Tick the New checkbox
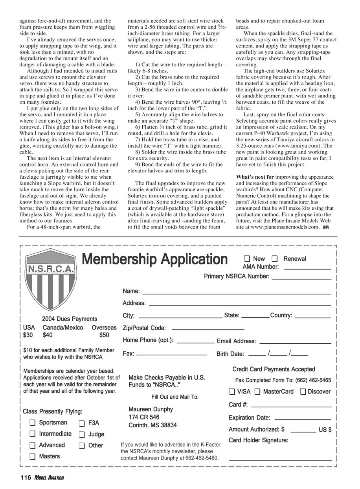[x=247, y=258]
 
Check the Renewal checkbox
[x=275, y=258]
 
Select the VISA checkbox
[x=232, y=391]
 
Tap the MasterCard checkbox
[x=257, y=391]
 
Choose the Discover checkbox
[x=303, y=391]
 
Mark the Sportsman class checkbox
[x=33, y=423]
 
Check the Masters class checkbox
[x=33, y=456]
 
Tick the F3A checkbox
[x=82, y=423]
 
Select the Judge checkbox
[x=82, y=434]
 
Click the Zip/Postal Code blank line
[x=208, y=329]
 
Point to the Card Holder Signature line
[x=280, y=460]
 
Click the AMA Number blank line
[x=307, y=269]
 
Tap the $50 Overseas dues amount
[x=104, y=335]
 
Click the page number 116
[x=26, y=477]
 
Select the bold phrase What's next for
[x=255, y=177]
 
